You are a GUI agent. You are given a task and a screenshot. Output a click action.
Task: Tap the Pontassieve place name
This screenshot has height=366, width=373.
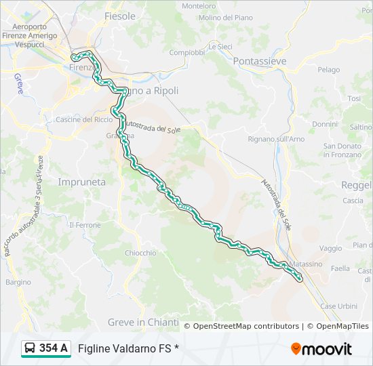coord(259,61)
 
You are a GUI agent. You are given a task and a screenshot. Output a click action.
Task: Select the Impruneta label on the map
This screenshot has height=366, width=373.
coord(81,182)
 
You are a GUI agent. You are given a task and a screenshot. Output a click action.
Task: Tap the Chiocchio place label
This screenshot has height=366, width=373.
coord(140,253)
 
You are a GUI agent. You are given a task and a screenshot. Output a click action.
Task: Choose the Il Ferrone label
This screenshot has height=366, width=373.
coord(85,225)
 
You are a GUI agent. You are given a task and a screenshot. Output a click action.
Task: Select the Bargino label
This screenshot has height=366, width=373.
coord(18,282)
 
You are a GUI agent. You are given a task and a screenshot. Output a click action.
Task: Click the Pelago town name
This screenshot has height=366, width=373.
coord(328,70)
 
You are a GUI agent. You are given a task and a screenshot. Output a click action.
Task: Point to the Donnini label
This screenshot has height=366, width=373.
coord(325,125)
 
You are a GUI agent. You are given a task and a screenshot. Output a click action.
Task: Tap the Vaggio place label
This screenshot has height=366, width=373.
coord(330,249)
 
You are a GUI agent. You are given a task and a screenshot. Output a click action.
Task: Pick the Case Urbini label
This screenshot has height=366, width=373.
coord(338,306)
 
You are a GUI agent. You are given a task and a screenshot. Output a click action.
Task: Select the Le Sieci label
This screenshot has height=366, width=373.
coord(220,47)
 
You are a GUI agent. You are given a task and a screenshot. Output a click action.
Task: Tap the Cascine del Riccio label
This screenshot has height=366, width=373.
coord(84,120)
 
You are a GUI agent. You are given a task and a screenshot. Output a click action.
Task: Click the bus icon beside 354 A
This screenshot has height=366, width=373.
coord(31,348)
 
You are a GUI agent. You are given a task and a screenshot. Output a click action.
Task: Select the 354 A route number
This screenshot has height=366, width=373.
coord(53,348)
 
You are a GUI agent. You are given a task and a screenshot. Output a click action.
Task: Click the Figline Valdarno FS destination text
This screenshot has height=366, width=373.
coord(128,348)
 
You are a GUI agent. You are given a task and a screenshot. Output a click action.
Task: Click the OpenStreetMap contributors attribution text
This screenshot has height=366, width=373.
coord(246,326)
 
